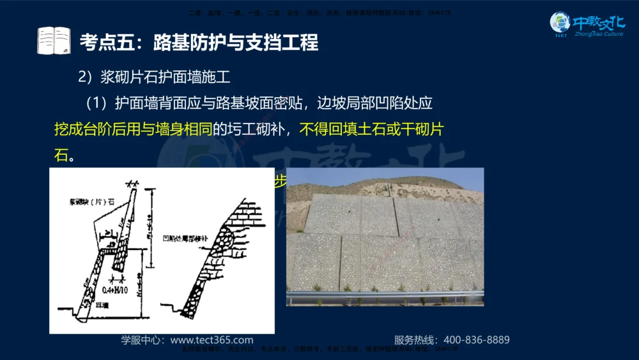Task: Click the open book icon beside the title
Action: [54, 41]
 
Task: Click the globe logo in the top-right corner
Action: [560, 23]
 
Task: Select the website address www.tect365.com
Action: [212, 340]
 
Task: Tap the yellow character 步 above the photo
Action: [279, 180]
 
